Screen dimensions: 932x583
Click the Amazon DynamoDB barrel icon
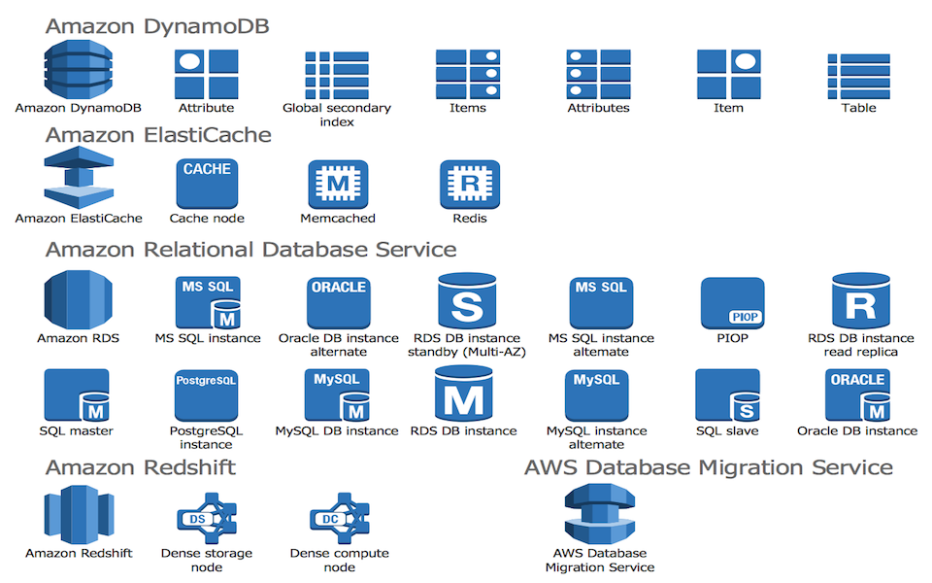point(78,69)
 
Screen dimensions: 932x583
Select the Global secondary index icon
point(337,75)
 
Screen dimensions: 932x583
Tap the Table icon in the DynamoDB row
point(859,77)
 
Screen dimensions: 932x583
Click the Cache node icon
point(207,184)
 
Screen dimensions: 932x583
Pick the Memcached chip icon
point(338,184)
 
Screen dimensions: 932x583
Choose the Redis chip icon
point(470,184)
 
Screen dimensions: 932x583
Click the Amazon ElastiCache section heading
point(158,135)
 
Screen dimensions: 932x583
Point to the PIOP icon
point(732,303)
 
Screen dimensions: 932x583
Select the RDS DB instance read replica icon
point(861,301)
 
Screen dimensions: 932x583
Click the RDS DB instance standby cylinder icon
point(467,301)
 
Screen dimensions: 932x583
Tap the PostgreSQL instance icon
point(206,395)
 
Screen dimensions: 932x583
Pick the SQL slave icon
point(727,395)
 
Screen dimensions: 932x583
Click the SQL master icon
point(77,395)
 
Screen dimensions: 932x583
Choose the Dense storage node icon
point(207,518)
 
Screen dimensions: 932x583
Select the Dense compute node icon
point(340,518)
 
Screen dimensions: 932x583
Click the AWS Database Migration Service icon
point(600,513)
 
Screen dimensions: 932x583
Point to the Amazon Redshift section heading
point(141,467)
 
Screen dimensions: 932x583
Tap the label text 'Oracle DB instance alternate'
point(338,345)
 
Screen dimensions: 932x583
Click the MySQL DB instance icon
point(337,395)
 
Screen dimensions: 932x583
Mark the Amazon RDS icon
point(78,300)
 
